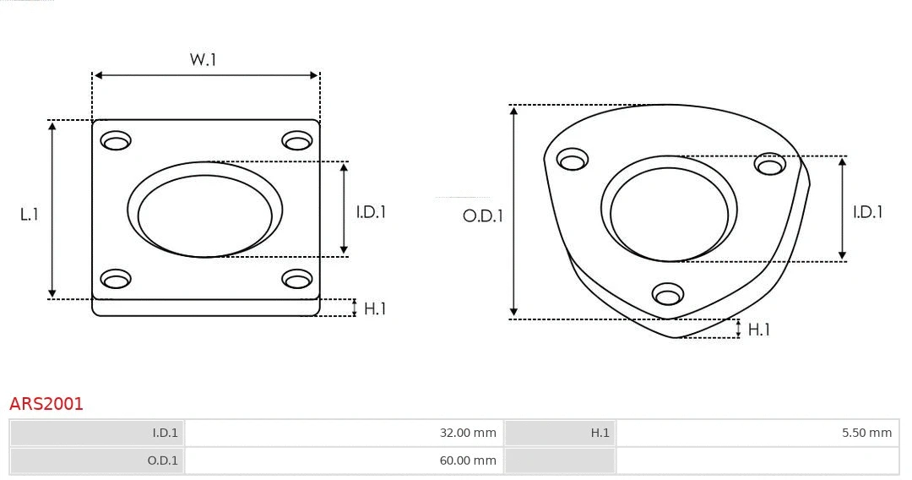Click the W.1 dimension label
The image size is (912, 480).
[203, 60]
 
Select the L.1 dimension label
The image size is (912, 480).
[30, 215]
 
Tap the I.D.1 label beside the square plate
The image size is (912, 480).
[370, 212]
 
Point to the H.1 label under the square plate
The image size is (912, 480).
[374, 309]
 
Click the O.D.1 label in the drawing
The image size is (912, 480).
[482, 216]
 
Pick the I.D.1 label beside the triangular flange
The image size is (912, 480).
[867, 212]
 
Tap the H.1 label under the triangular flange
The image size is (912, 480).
[758, 330]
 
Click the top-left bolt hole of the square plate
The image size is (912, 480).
[116, 140]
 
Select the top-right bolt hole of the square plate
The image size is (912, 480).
[297, 140]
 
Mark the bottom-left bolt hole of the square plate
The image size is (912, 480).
[116, 279]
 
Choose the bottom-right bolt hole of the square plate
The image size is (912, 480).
[297, 279]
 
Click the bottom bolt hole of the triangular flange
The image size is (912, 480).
[668, 294]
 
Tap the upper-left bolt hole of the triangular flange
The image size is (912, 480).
[573, 159]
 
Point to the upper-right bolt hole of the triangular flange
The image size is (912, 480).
[770, 164]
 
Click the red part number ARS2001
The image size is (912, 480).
[46, 404]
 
